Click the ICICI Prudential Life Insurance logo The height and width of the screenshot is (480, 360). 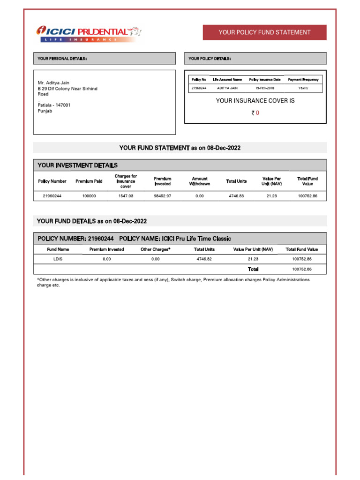click(x=89, y=33)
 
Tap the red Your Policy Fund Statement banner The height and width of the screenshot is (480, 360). click(x=264, y=32)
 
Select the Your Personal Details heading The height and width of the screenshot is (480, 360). click(x=62, y=59)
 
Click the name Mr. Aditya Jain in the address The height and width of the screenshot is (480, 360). click(x=53, y=83)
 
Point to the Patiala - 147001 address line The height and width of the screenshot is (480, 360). click(x=54, y=105)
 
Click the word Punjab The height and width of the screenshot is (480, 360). click(x=45, y=111)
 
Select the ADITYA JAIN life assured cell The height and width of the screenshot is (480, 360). click(x=227, y=88)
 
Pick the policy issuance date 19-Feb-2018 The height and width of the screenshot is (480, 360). click(x=265, y=88)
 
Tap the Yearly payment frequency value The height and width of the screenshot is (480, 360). click(x=303, y=88)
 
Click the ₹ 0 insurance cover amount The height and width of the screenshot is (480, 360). click(x=255, y=113)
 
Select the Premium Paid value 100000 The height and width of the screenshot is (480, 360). click(x=89, y=196)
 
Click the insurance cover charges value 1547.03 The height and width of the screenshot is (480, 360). click(x=126, y=196)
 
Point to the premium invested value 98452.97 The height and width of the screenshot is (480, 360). click(x=163, y=196)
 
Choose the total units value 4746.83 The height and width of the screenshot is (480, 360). click(x=236, y=196)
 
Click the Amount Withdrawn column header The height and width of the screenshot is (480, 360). click(x=200, y=181)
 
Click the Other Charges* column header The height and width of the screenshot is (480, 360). click(x=156, y=249)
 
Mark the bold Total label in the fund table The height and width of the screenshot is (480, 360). click(x=253, y=269)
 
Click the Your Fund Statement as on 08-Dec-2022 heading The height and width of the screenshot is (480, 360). click(x=180, y=148)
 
